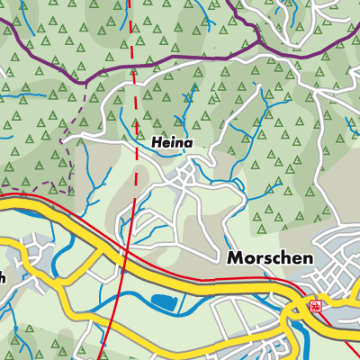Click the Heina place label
(172, 142)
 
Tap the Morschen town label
(269, 257)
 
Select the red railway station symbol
(315, 307)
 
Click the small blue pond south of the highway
(163, 301)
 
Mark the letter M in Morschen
(236, 257)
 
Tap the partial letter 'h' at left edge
(3, 277)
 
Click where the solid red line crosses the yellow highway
(123, 259)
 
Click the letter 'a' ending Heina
(188, 142)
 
